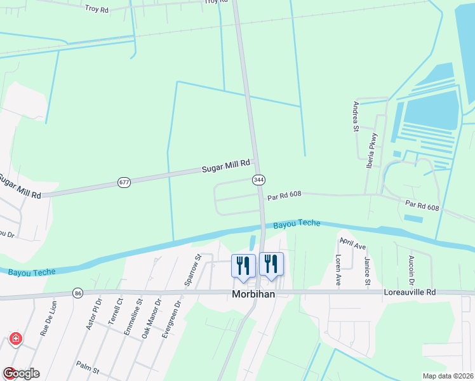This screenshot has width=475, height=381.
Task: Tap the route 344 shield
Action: (258, 180)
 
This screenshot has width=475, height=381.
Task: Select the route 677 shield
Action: (124, 183)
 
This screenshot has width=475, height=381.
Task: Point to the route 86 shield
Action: (77, 293)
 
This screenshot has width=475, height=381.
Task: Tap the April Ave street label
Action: (352, 243)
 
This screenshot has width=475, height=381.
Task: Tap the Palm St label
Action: (88, 368)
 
